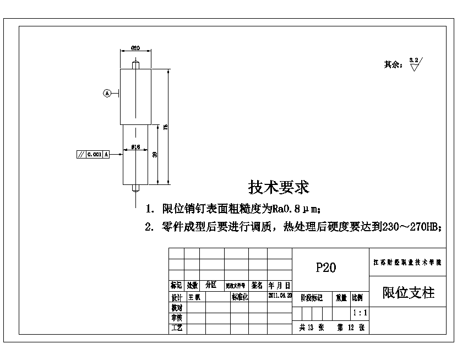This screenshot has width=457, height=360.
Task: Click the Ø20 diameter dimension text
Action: [x=135, y=48]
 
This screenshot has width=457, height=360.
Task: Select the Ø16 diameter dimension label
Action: [x=135, y=147]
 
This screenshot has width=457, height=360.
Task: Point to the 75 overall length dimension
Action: [x=166, y=127]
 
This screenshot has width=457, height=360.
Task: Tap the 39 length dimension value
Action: [x=155, y=155]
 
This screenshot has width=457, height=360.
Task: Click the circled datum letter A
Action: [x=107, y=93]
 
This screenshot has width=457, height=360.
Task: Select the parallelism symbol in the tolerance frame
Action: [x=81, y=155]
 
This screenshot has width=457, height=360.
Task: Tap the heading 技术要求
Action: [x=279, y=187]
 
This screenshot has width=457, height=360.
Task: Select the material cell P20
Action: [x=325, y=268]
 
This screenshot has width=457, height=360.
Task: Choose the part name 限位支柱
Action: [x=409, y=293]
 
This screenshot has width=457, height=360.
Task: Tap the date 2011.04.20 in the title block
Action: [x=280, y=295]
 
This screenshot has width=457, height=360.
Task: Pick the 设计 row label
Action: [x=176, y=297]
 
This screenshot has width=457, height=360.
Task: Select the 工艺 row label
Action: [x=176, y=328]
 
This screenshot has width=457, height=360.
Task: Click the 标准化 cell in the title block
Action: [x=240, y=297]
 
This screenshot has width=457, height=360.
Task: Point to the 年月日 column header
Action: [x=280, y=286]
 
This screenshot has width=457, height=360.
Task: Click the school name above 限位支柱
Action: [x=409, y=263]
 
